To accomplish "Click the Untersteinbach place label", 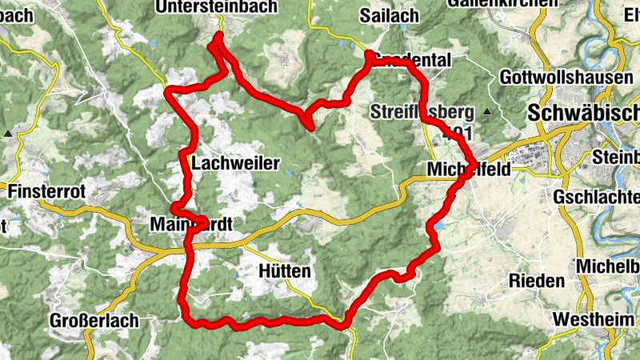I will [x=217, y=7].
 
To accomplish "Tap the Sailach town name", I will [x=390, y=15].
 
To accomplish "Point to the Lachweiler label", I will [x=236, y=164].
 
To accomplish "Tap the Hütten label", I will [x=285, y=272].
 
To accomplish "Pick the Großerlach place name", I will [x=94, y=321].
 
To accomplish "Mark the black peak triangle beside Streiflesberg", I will [x=486, y=111].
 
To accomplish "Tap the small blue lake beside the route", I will [x=438, y=228].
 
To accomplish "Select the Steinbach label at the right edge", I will [x=618, y=156].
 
